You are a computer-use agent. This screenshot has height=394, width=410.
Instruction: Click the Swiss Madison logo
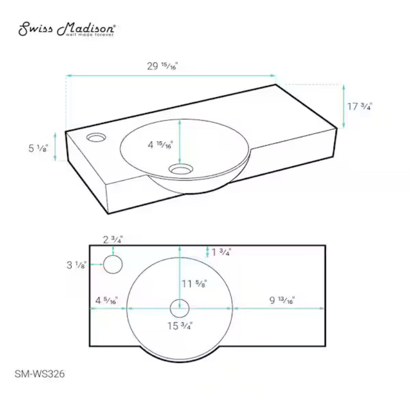(x=67, y=29)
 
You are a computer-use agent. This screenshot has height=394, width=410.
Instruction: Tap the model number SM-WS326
(x=40, y=374)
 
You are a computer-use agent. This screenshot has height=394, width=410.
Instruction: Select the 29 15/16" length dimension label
(x=162, y=66)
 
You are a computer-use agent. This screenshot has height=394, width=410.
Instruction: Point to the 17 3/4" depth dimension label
(x=359, y=106)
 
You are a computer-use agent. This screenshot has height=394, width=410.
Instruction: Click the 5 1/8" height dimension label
(x=38, y=148)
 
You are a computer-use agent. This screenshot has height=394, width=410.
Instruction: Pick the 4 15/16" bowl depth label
(x=160, y=145)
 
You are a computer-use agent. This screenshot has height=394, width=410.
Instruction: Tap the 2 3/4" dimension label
(x=113, y=239)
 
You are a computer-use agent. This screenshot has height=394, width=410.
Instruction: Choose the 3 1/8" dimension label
(x=76, y=265)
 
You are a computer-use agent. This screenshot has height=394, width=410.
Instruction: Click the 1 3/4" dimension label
(x=221, y=252)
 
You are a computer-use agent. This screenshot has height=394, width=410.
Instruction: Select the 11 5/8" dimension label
(x=195, y=284)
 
